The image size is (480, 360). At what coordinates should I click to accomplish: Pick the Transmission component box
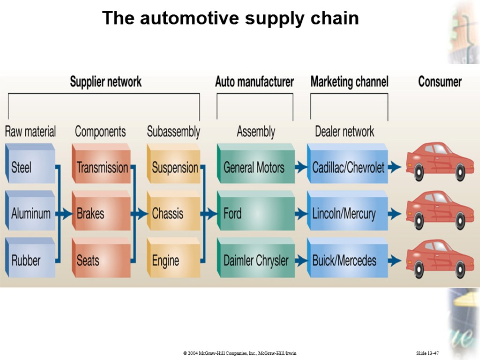coord(101,167)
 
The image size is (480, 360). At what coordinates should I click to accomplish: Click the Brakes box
coord(101,214)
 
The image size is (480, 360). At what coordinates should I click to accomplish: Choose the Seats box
coord(101,260)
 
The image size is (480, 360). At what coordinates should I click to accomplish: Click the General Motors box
coord(255,167)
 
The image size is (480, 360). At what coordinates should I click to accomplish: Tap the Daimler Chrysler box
coord(255,260)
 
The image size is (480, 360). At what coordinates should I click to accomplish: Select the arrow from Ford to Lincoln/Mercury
coord(301,214)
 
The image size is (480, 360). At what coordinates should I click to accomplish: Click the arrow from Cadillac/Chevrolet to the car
coord(395,166)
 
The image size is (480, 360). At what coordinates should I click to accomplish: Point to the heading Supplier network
coord(105,82)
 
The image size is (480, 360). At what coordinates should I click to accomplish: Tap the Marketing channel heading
coord(349,82)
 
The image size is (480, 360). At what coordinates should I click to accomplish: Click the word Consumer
coord(440,82)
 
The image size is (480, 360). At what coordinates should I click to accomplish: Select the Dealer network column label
coord(345,132)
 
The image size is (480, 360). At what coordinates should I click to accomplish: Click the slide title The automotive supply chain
coord(231,18)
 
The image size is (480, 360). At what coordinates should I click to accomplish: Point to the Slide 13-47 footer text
coord(427,352)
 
